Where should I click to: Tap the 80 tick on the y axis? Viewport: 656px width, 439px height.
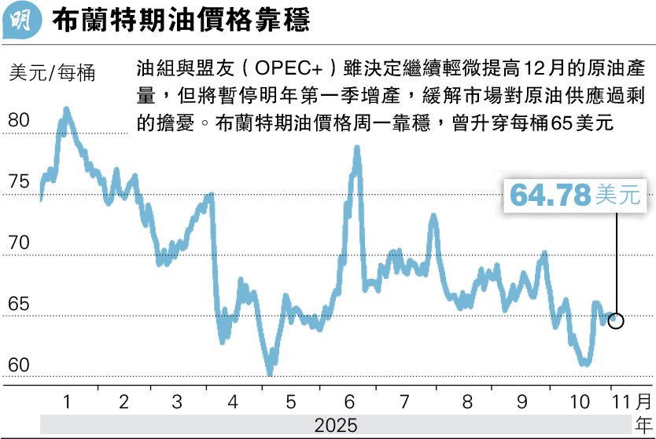(x=20, y=121)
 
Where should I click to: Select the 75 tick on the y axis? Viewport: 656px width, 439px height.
(x=20, y=182)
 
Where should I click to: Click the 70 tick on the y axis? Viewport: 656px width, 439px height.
(x=20, y=243)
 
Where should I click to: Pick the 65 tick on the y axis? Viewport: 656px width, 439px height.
(x=20, y=305)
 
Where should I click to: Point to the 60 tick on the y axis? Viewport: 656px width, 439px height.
(x=20, y=366)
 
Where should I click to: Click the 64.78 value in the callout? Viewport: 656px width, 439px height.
(x=550, y=195)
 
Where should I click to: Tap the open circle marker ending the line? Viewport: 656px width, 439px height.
(x=616, y=320)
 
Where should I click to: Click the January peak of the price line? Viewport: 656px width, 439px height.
(x=66, y=110)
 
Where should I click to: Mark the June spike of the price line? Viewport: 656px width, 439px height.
(x=356, y=148)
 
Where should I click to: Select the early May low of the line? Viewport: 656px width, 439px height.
(x=269, y=371)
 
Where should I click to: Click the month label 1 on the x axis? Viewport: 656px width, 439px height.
(x=67, y=402)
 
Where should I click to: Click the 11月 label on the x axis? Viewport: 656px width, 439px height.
(x=633, y=402)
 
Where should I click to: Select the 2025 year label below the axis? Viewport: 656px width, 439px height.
(x=336, y=425)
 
